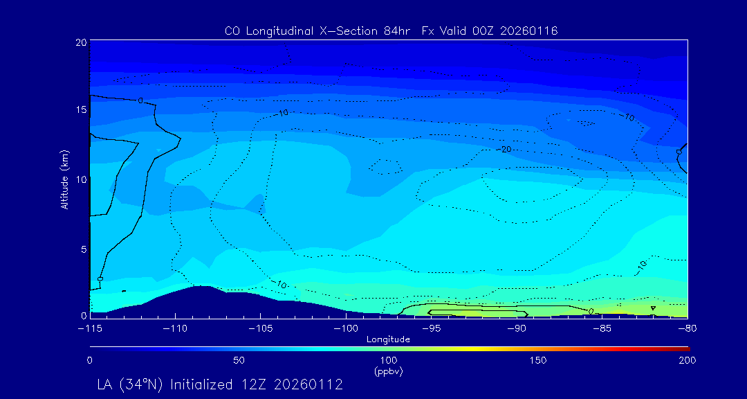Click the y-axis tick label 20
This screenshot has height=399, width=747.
click(x=80, y=42)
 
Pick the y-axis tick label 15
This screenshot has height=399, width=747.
click(x=80, y=110)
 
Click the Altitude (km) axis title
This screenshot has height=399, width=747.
click(x=64, y=179)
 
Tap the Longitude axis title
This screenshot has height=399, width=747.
click(x=388, y=339)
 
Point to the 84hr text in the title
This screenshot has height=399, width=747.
click(x=393, y=31)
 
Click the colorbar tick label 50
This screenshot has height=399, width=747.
click(x=239, y=360)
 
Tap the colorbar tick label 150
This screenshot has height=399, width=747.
click(x=537, y=360)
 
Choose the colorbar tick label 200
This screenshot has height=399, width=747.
click(x=687, y=360)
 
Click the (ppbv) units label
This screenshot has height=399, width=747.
click(x=388, y=371)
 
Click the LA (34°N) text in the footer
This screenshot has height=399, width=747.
click(x=131, y=384)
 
